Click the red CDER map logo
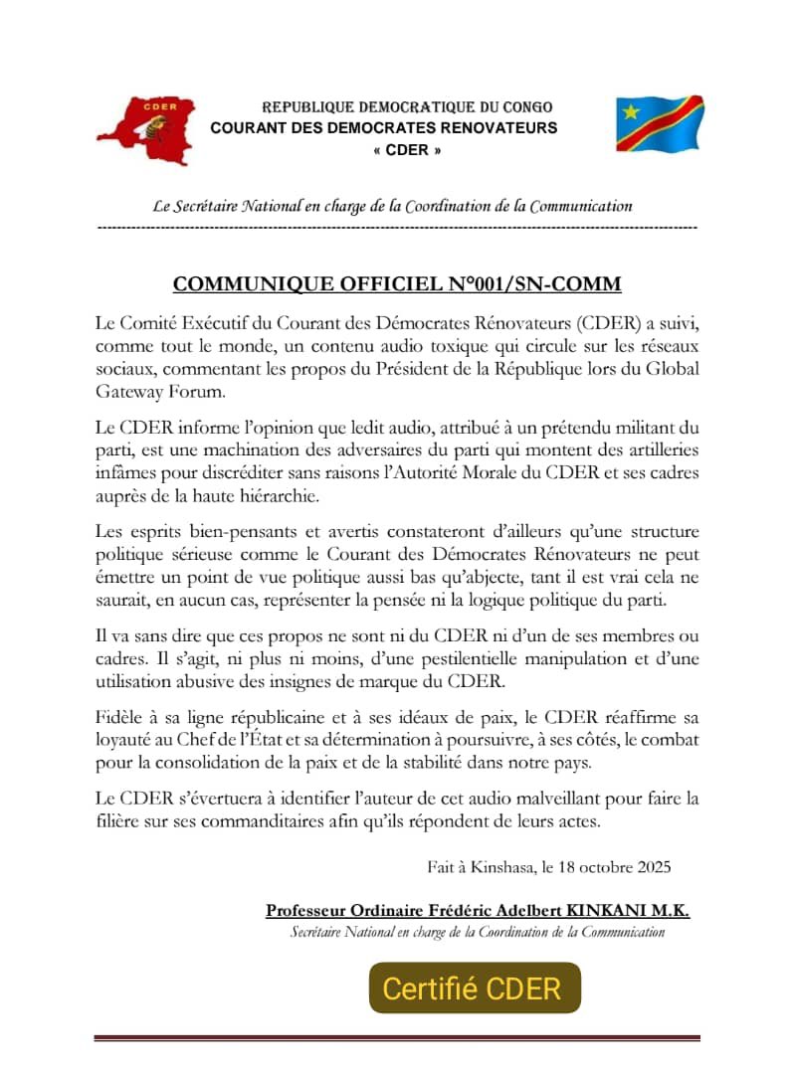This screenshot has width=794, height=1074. point(145,130)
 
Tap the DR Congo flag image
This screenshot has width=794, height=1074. point(660,124)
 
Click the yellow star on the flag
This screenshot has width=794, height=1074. point(631,110)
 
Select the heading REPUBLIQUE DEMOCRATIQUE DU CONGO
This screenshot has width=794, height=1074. point(406,106)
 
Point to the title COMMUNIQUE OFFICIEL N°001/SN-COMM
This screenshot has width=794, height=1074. point(397,284)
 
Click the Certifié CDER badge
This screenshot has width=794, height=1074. point(474,988)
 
